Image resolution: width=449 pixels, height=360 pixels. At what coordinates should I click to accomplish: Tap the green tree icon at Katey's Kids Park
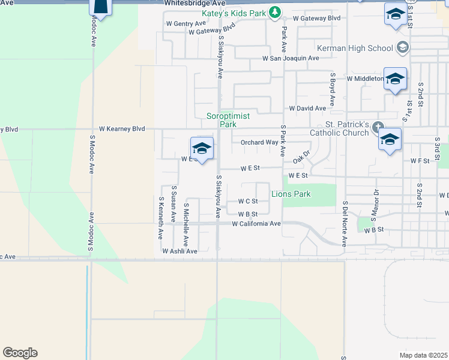point(274,11)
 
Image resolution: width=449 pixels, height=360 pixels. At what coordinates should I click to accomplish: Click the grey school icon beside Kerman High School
point(402,47)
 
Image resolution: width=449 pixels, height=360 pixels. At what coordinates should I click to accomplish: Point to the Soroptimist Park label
point(221,120)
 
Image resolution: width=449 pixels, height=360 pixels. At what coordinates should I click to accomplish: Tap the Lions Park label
point(291,194)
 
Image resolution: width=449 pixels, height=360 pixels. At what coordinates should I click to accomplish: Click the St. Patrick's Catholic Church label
point(340,128)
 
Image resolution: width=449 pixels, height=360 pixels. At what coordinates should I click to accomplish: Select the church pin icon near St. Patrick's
point(377,127)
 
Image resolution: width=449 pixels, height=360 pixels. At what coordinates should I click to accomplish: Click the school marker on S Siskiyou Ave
point(202,148)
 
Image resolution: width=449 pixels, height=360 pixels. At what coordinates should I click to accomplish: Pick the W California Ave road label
point(256,224)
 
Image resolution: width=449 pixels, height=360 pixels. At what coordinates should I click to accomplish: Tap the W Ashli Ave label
point(179,251)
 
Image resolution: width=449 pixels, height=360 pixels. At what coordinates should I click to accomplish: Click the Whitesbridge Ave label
point(191,4)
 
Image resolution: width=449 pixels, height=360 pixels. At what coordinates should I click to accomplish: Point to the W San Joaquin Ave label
point(291,58)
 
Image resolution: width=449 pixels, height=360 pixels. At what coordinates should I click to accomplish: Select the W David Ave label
point(307,109)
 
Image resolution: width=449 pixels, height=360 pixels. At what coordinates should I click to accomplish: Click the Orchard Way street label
point(259,143)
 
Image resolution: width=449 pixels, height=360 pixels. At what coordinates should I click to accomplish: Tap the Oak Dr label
point(301,157)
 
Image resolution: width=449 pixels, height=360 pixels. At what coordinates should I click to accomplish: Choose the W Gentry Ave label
point(186,23)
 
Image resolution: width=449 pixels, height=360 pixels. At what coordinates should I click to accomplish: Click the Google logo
point(20,353)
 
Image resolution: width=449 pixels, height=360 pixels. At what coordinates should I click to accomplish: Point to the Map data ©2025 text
point(424,355)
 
